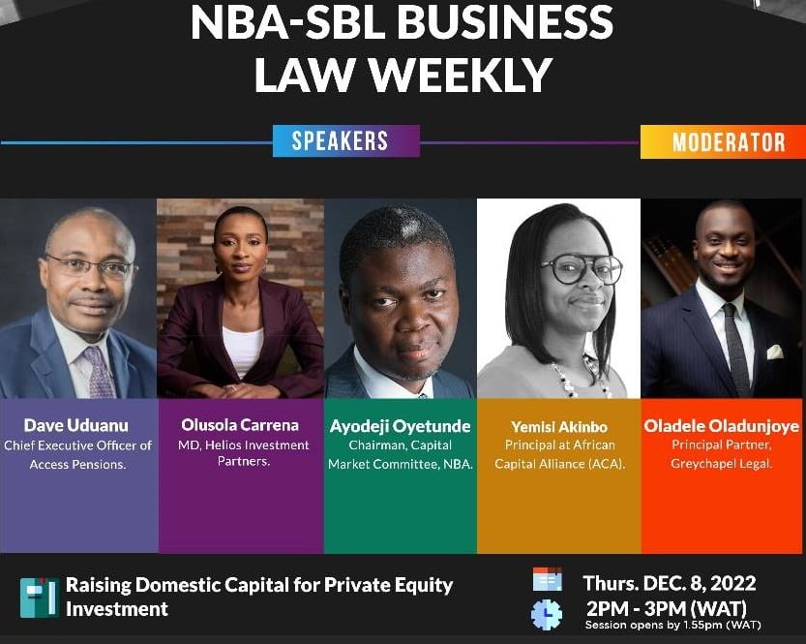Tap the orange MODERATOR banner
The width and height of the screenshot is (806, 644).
point(723,142)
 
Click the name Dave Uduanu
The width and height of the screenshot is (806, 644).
point(76,425)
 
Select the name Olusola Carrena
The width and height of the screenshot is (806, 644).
point(240,425)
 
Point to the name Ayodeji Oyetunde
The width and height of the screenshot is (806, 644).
point(401,426)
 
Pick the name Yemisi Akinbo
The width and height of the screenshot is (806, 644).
point(559,427)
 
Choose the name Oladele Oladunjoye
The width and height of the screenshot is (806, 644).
point(722,426)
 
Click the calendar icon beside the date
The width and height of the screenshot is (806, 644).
point(548,579)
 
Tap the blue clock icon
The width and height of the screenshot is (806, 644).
point(547,614)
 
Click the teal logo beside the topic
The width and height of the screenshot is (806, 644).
point(38,598)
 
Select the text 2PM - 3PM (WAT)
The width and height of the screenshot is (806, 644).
point(666,609)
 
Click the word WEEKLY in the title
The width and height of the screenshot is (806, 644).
point(463,75)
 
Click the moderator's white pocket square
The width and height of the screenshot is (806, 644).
point(775,352)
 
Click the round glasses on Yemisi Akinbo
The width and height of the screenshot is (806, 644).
point(581,268)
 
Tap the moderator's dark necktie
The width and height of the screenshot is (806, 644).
point(735,350)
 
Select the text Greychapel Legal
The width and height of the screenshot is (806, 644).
point(721,464)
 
